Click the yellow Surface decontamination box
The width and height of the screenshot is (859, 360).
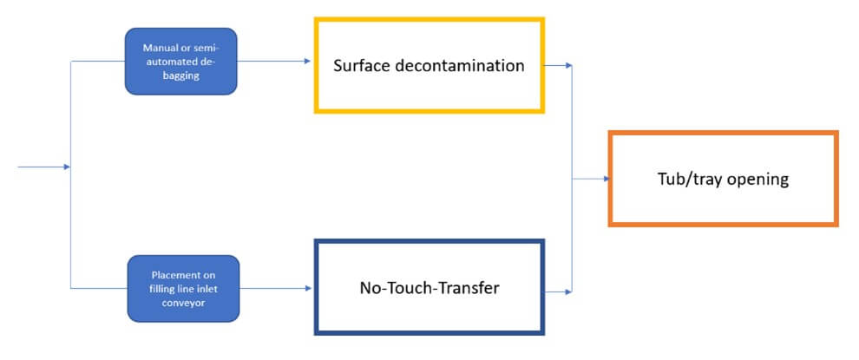(x=429, y=66)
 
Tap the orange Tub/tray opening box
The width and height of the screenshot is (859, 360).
(x=723, y=180)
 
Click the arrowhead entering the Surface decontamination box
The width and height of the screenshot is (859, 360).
(x=306, y=61)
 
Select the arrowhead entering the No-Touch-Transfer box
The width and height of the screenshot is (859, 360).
(x=308, y=287)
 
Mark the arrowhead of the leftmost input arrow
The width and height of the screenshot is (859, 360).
(x=67, y=167)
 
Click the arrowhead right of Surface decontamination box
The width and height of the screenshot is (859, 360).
(x=568, y=64)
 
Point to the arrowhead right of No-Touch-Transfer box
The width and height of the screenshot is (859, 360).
(x=568, y=292)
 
